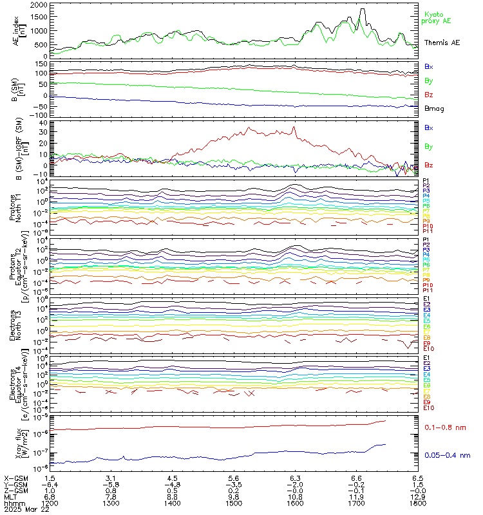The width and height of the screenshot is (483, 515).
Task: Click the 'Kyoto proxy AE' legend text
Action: click(438, 17)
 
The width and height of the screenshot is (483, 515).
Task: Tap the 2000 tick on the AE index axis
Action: click(38, 5)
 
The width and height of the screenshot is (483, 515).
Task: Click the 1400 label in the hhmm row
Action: click(173, 504)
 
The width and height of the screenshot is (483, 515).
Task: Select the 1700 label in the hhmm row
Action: click(356, 504)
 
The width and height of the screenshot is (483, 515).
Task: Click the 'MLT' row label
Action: click(10, 498)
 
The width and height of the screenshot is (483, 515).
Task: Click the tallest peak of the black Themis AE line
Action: click(363, 10)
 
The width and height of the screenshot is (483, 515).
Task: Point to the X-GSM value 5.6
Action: click(234, 478)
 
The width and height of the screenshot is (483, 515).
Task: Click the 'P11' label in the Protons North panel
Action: click(427, 231)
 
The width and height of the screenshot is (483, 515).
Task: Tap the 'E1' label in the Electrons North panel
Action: click(426, 299)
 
